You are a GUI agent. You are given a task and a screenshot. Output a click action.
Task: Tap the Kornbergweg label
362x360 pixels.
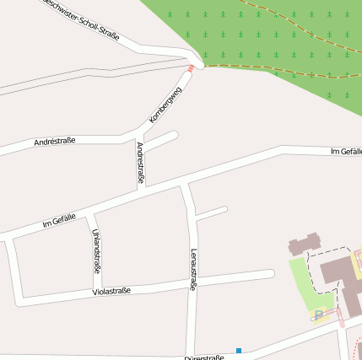point(165,105)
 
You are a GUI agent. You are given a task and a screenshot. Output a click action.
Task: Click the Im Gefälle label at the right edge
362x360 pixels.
point(346,151)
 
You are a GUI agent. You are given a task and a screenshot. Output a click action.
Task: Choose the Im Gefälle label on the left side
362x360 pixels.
point(59,221)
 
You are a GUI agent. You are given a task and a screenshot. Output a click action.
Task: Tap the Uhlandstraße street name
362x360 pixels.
point(97,251)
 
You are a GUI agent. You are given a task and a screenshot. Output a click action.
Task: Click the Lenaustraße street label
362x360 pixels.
point(193,270)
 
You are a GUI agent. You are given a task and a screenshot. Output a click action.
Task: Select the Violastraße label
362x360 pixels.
point(111,292)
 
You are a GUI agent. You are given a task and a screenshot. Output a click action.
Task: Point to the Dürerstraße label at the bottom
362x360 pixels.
point(204,357)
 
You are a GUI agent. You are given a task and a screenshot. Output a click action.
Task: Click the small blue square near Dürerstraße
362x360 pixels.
point(239,351)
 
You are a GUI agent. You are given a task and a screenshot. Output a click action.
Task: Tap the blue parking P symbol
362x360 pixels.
point(318,315)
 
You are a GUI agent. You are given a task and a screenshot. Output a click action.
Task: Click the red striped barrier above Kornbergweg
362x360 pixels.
point(192,67)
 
